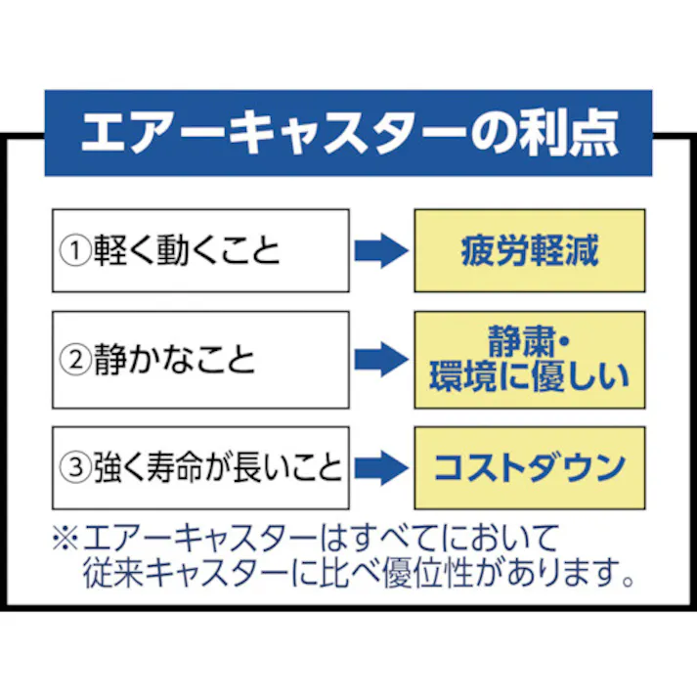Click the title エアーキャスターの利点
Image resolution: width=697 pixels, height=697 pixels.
point(348,134)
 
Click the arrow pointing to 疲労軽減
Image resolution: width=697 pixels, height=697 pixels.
point(380,251)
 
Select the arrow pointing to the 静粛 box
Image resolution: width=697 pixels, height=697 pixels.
point(380,360)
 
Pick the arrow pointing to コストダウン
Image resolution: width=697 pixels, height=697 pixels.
point(380,467)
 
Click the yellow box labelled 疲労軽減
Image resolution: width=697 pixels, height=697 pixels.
point(529,251)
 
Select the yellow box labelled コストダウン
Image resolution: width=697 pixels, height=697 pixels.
point(529,467)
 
